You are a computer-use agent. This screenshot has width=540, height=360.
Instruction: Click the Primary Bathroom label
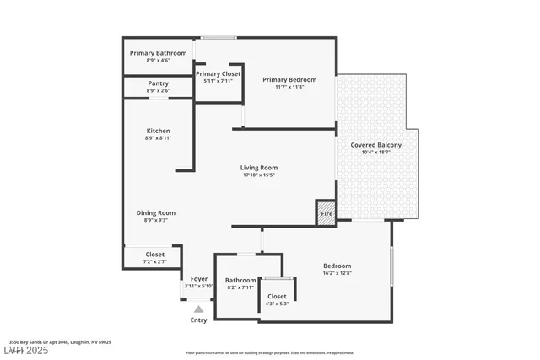158,53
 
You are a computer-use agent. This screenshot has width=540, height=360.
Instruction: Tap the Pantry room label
158,83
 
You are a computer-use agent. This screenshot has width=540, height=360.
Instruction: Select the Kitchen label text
158,131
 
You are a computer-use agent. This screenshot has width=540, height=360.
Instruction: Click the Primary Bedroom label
289,79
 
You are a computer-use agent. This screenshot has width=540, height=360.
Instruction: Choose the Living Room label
259,168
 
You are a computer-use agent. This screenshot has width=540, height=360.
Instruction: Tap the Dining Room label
156,212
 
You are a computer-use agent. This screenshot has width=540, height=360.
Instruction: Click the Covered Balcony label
375,145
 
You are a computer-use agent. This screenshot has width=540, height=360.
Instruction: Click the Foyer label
199,279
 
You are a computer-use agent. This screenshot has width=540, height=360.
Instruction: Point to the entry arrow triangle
198,309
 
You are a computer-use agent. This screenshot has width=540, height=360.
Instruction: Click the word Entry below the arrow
198,320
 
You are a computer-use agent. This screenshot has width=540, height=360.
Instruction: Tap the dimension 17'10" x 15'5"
259,175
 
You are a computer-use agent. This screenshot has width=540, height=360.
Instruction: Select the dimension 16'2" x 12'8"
337,272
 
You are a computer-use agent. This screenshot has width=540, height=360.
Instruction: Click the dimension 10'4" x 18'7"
375,153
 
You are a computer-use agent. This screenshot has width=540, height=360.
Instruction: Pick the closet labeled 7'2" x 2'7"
155,258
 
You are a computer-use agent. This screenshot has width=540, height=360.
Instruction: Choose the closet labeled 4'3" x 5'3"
277,300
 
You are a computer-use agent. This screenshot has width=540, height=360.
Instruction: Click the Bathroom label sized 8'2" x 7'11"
240,283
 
